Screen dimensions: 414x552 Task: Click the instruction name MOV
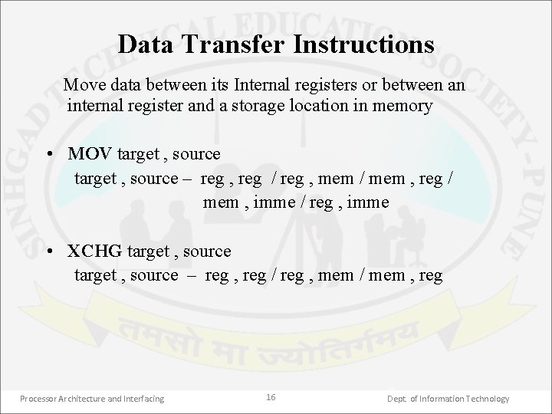tap(90, 154)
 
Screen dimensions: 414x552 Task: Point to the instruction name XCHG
tap(94, 251)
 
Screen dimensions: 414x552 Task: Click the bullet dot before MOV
tap(49, 154)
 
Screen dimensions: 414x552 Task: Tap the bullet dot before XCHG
tap(49, 251)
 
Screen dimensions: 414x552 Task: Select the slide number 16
tap(271, 397)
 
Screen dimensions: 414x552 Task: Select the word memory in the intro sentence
tap(405, 106)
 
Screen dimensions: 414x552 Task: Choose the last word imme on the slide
tap(371, 202)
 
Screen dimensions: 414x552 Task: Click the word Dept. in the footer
tap(397, 399)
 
